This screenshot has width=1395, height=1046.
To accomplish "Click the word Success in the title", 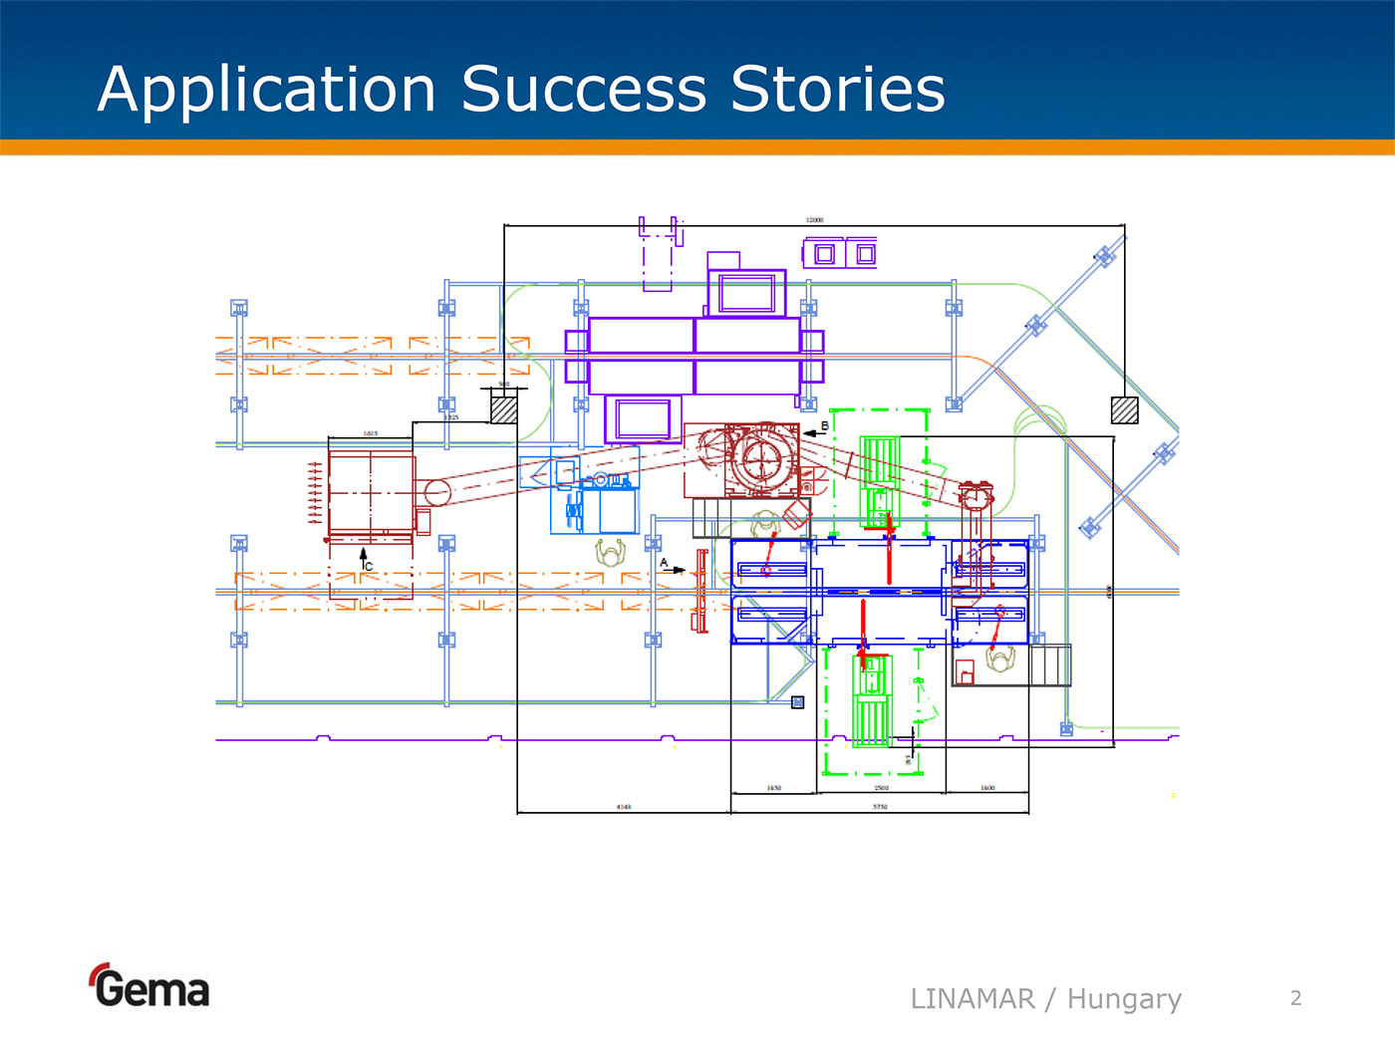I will (x=584, y=89).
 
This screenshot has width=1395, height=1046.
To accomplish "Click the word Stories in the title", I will (x=837, y=89).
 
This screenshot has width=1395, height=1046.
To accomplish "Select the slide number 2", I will (x=1295, y=998).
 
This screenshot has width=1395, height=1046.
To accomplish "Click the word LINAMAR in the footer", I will (x=973, y=998).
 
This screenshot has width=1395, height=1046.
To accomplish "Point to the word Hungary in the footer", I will (x=1124, y=999).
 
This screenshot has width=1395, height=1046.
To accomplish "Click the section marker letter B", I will (x=825, y=426).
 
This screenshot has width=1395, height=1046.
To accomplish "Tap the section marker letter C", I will (x=369, y=566).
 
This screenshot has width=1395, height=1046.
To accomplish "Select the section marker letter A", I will (x=664, y=563).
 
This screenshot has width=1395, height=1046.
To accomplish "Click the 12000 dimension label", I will (x=814, y=220).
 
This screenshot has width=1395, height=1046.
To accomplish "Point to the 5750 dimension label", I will (x=880, y=806).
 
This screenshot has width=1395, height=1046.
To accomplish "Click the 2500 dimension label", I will (x=881, y=788).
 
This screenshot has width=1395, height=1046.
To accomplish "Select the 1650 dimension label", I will (x=774, y=788).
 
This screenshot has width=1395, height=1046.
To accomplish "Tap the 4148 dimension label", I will (x=624, y=806).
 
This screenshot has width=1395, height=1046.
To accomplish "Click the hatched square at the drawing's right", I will (x=1124, y=410).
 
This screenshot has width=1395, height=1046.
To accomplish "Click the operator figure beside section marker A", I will (x=610, y=551).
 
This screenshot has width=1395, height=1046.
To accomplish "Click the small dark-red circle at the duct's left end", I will (x=436, y=492).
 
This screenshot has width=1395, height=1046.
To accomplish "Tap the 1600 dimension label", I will (x=986, y=788).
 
